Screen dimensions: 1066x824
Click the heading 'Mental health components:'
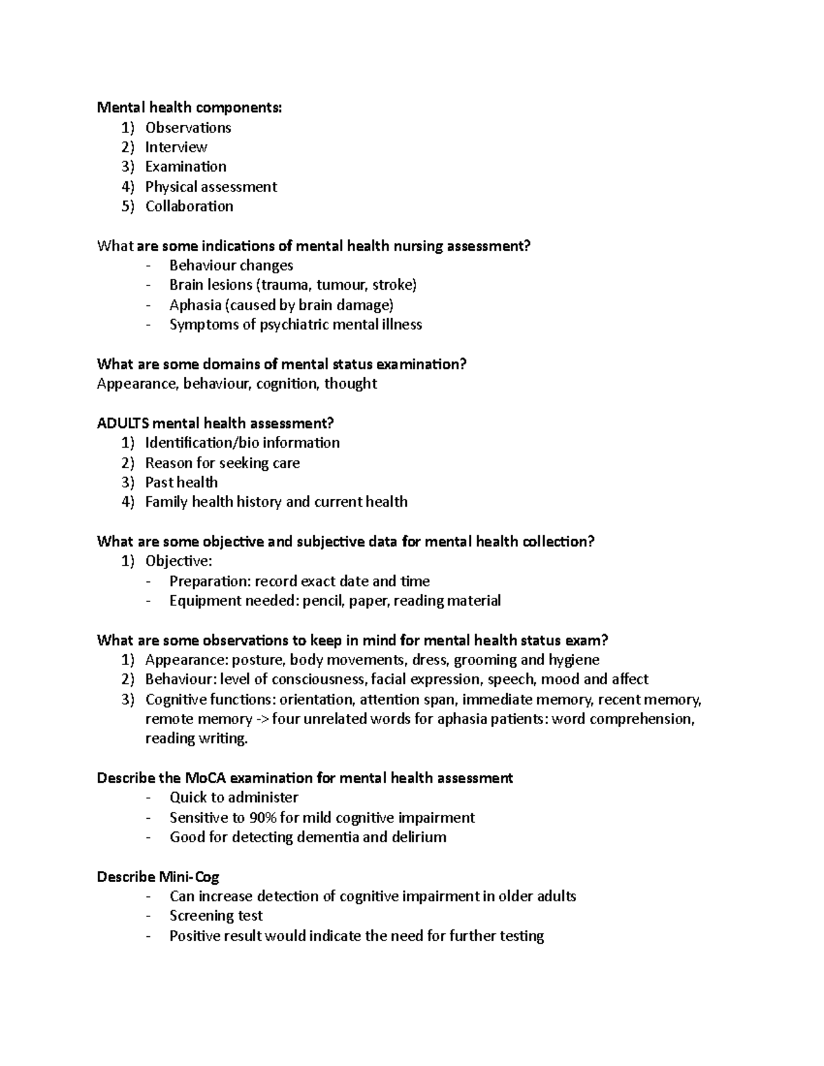189,108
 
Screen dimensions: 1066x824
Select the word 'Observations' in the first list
187,128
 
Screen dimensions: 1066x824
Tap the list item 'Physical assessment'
211,187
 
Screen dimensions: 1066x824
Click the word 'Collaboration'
189,206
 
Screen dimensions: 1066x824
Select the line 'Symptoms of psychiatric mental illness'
295,325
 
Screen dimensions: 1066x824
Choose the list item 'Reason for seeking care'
222,463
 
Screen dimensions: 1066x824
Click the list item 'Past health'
181,483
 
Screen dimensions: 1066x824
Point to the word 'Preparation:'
209,581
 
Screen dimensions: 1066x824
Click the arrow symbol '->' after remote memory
262,719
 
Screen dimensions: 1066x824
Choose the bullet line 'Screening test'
216,916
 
